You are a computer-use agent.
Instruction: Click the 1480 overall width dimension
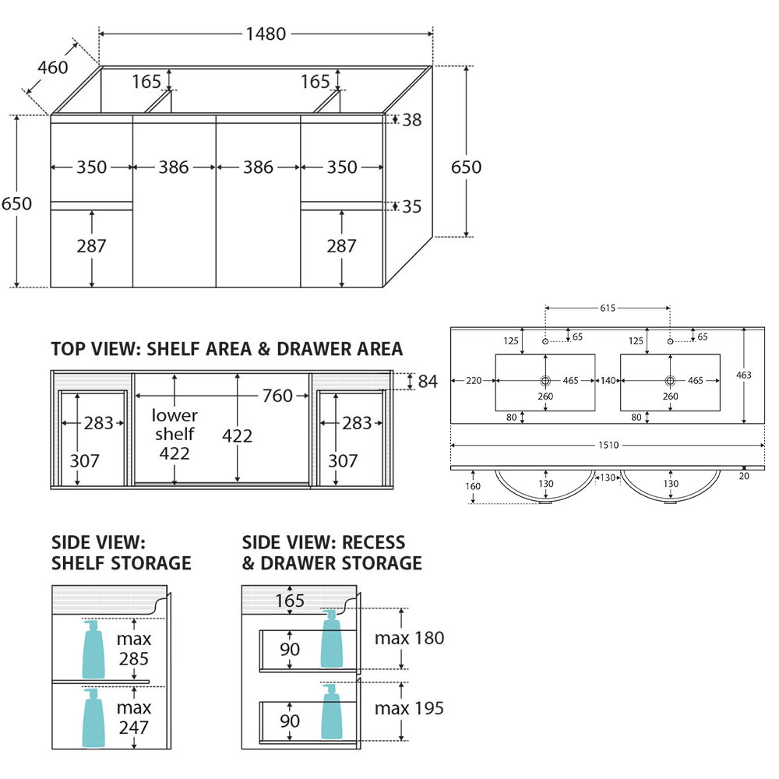pyautogui.click(x=266, y=33)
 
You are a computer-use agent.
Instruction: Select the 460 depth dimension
pyautogui.click(x=53, y=67)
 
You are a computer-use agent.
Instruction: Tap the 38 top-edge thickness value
pyautogui.click(x=412, y=120)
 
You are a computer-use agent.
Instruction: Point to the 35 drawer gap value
pyautogui.click(x=412, y=206)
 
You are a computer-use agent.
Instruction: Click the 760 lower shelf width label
pyautogui.click(x=277, y=396)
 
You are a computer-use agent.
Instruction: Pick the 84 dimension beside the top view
pyautogui.click(x=428, y=382)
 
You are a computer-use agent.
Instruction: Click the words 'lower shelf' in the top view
pyautogui.click(x=174, y=425)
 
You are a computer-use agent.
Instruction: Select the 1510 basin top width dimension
pyautogui.click(x=608, y=445)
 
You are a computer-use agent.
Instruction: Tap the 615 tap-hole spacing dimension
pyautogui.click(x=608, y=308)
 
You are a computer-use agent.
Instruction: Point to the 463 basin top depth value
pyautogui.click(x=744, y=375)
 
